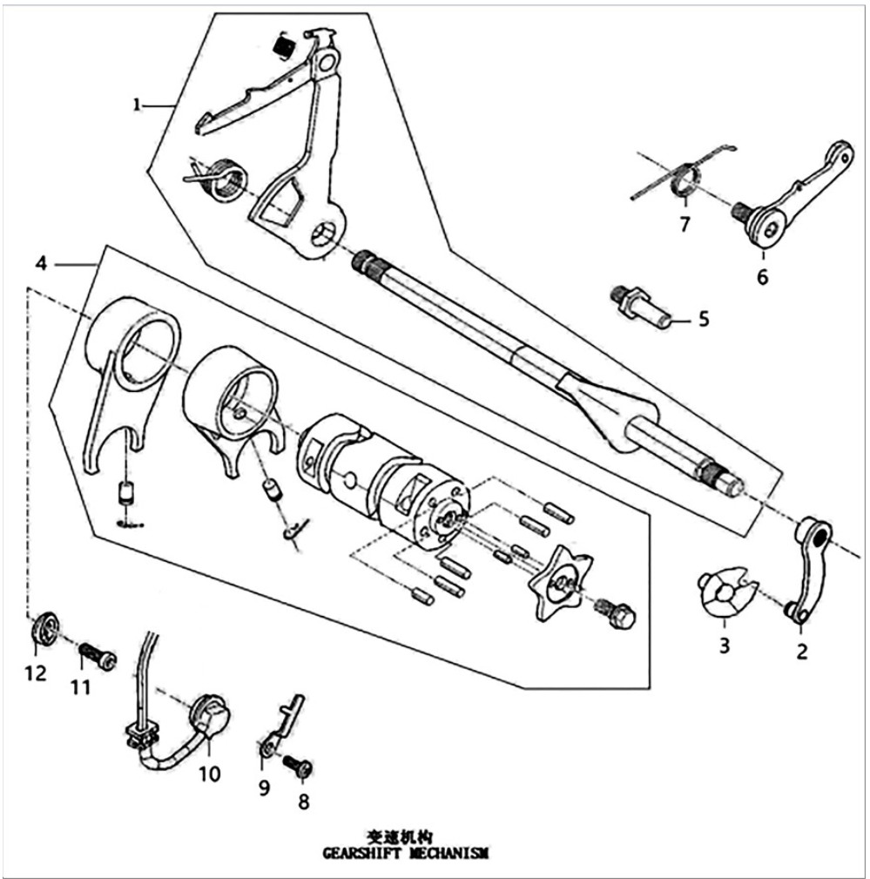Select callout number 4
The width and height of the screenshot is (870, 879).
pyautogui.click(x=41, y=262)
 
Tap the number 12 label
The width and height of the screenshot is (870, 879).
pyautogui.click(x=36, y=673)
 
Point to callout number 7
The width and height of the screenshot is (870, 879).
pyautogui.click(x=685, y=224)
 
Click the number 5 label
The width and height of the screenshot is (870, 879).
pyautogui.click(x=704, y=319)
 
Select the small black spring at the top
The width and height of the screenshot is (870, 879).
pyautogui.click(x=282, y=44)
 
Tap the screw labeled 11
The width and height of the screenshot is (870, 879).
pyautogui.click(x=98, y=656)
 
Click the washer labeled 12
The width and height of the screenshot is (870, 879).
pyautogui.click(x=44, y=630)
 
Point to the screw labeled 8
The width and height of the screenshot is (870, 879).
pyautogui.click(x=298, y=766)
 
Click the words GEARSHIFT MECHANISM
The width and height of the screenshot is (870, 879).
pyautogui.click(x=405, y=854)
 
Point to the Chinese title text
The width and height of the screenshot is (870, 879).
pyautogui.click(x=400, y=837)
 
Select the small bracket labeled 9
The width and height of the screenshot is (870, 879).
pyautogui.click(x=280, y=726)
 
